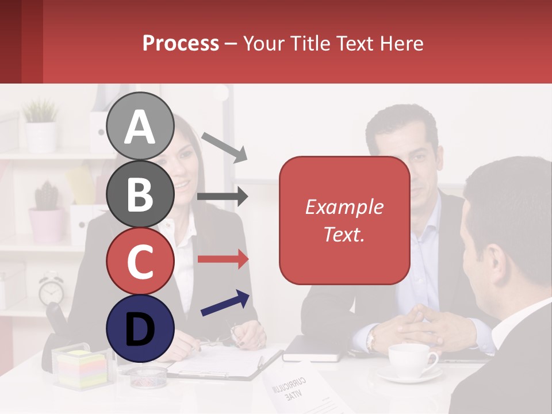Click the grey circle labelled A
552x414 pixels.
(x=140, y=126)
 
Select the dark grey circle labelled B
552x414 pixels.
(x=140, y=194)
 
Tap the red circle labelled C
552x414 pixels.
(x=140, y=261)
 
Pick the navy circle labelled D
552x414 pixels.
(x=140, y=328)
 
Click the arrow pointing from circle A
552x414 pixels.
(x=224, y=146)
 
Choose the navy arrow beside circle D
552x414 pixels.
(x=225, y=304)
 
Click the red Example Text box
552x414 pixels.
(x=344, y=220)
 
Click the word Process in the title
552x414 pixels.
(x=181, y=43)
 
